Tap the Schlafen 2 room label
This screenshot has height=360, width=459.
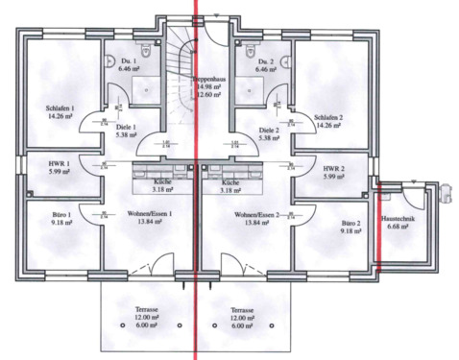[x=327, y=117]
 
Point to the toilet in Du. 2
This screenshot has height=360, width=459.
[x=248, y=49]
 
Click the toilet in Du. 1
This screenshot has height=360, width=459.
[x=140, y=49]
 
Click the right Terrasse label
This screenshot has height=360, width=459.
[x=241, y=311]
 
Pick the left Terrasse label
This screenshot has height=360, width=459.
[x=147, y=311]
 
